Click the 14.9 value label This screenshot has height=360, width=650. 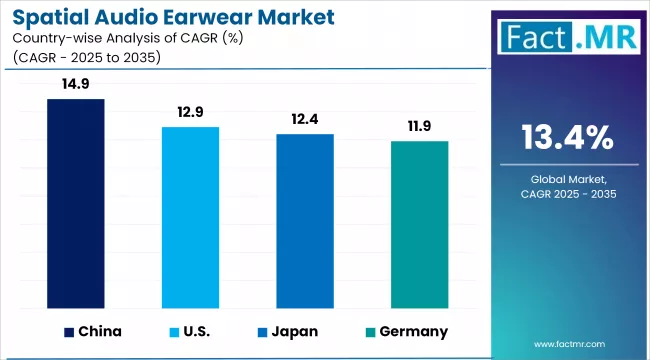(76, 86)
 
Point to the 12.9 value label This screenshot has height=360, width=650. (190, 114)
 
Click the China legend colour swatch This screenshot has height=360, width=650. (68, 331)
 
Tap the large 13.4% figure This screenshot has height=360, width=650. (568, 136)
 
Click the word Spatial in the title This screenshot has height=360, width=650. (50, 18)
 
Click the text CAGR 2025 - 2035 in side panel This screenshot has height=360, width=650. (567, 194)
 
